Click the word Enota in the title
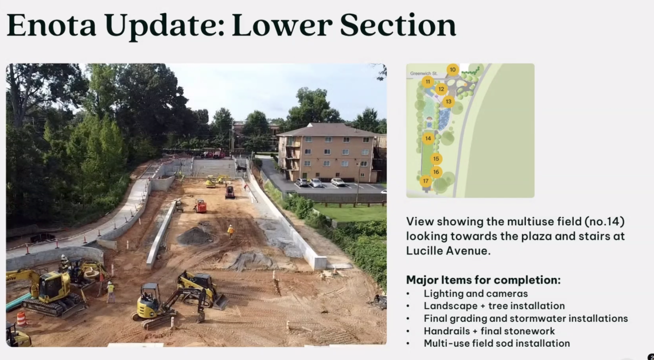tap(51, 25)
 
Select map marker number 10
tap(453, 69)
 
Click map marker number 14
tap(428, 138)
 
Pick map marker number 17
tap(426, 181)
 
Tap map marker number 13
tap(449, 101)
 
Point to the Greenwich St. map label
tap(423, 73)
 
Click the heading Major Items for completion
tap(484, 280)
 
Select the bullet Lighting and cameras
tap(476, 294)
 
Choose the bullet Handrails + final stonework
tap(489, 331)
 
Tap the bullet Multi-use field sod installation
tap(497, 343)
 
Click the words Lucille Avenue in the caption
tap(449, 251)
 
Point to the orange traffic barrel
tap(22, 319)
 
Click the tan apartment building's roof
tap(328, 130)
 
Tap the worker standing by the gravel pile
tap(230, 231)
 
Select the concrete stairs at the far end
tap(214, 167)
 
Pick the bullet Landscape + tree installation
tap(495, 306)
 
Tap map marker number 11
tap(427, 81)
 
